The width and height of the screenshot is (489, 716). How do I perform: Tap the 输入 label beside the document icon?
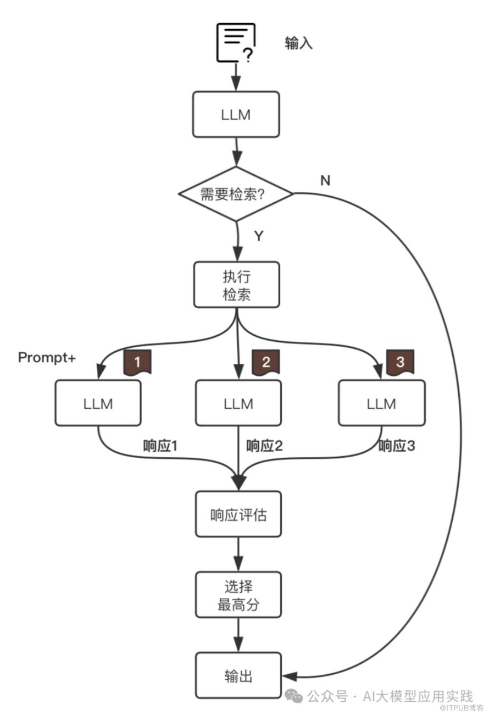pos(299,43)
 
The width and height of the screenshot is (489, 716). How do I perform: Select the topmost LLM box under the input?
pos(236,114)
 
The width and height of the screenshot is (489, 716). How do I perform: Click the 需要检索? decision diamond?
pos(236,194)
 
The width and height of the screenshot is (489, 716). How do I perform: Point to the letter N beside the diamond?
pos(325,180)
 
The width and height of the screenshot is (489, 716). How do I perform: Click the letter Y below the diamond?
pos(259,236)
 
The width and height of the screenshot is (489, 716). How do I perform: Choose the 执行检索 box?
pos(237,285)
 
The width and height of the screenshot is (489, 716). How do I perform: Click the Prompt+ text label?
pos(47,358)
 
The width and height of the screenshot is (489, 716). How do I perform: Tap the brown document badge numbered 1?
pos(137,362)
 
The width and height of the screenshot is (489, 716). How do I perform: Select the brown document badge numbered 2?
pos(266,362)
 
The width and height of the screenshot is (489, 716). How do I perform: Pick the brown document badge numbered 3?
pos(400,362)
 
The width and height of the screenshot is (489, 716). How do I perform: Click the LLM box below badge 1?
pos(98,403)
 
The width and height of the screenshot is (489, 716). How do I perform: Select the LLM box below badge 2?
pos(238,403)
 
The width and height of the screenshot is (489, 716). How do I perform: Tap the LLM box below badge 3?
pos(381,403)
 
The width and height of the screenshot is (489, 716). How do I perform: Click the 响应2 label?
pos(264,446)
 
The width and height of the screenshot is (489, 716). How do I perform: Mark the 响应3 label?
pos(397,446)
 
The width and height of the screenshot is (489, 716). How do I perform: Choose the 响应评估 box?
pos(238,515)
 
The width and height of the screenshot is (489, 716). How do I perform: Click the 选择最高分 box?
pos(238,595)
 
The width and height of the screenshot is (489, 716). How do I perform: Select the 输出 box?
pos(238,675)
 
